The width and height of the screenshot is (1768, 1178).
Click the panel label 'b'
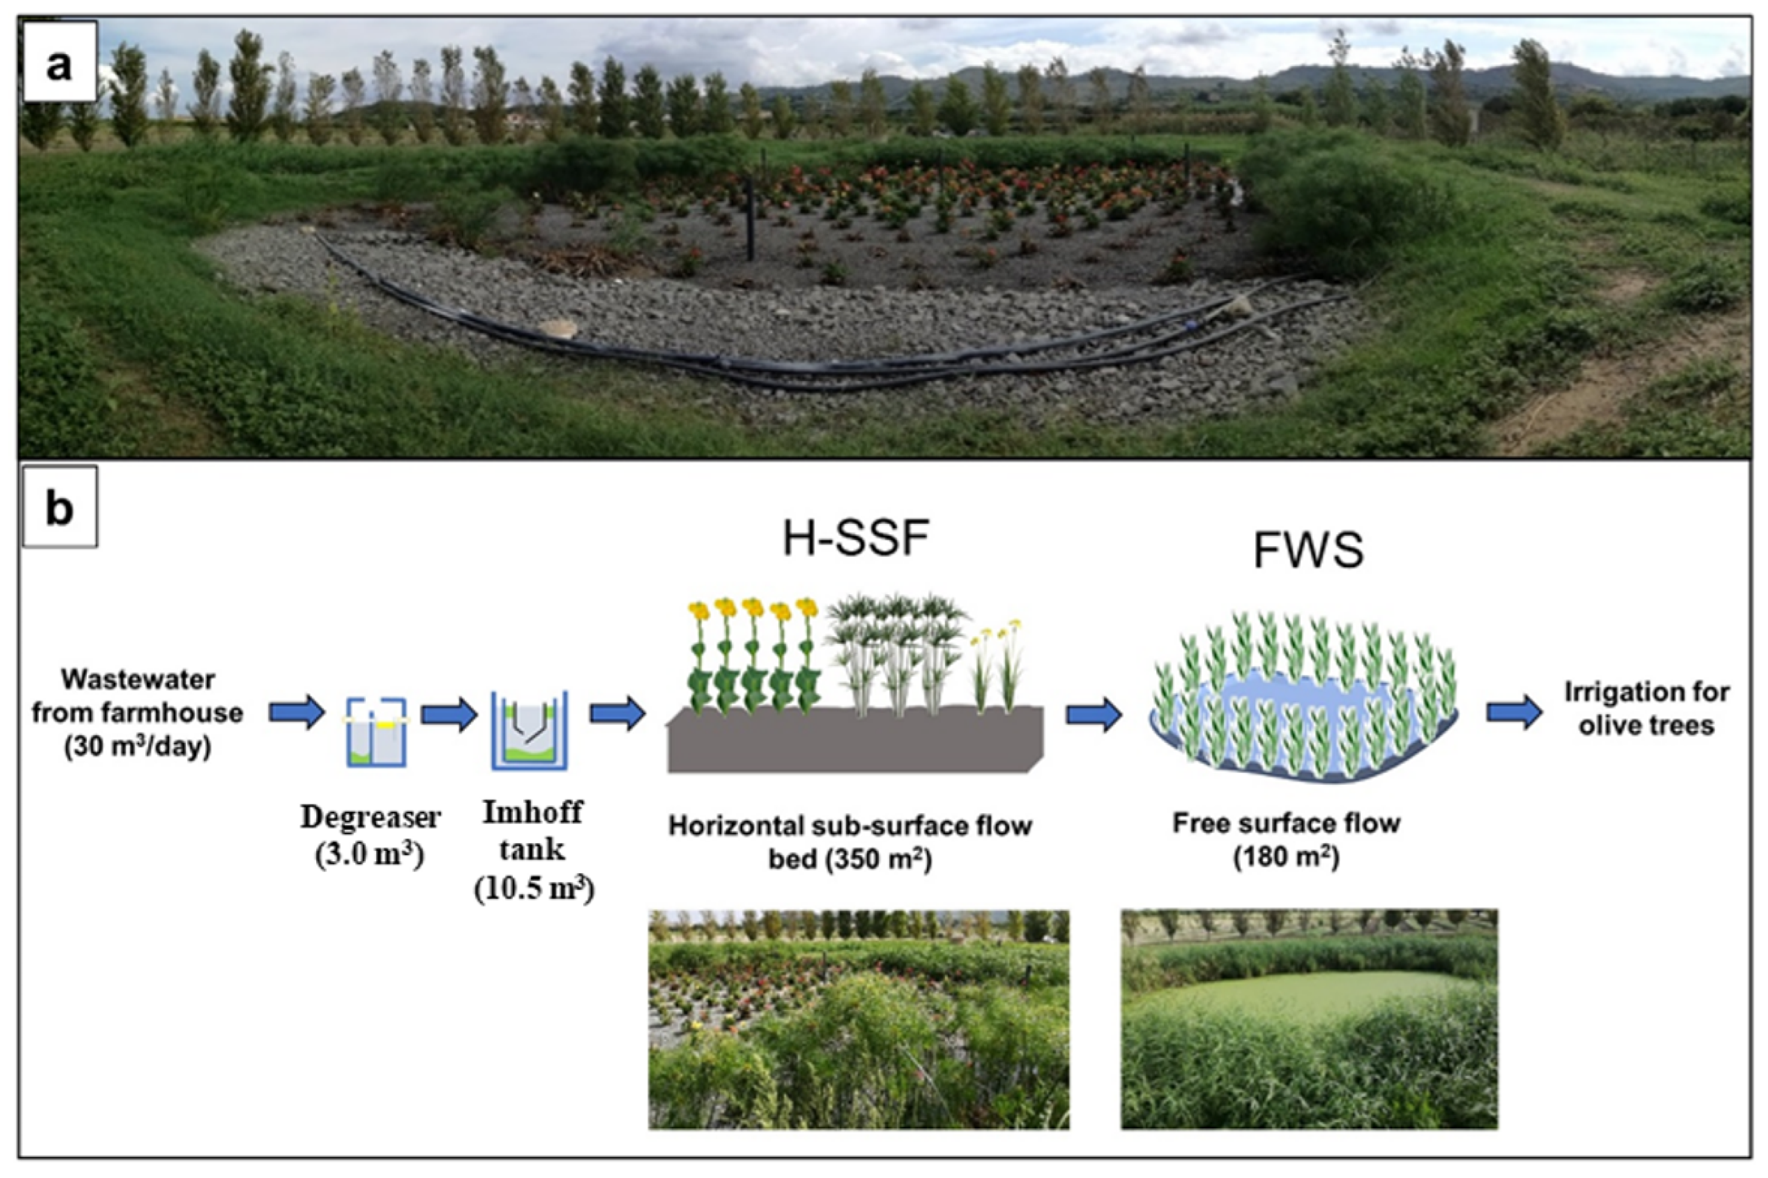click(x=59, y=507)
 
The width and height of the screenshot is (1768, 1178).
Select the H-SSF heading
click(x=855, y=538)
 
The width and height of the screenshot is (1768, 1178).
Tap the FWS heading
click(x=1307, y=550)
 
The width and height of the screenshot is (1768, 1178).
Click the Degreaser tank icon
click(x=376, y=732)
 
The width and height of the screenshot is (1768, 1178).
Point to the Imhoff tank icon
click(x=530, y=730)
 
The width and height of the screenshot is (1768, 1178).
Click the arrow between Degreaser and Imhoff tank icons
click(x=449, y=714)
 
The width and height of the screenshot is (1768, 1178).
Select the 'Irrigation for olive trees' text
click(x=1646, y=708)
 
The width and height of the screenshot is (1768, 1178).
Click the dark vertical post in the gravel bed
click(x=750, y=218)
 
